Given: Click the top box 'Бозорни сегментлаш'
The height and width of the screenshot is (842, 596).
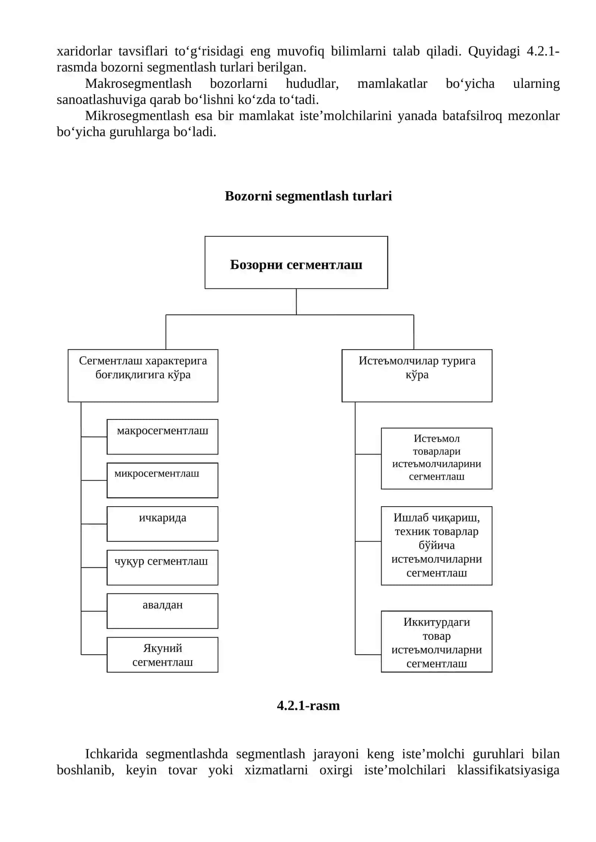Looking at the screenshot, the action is [296, 262].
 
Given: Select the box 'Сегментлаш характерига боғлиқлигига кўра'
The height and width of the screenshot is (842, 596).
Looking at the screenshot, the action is [143, 376].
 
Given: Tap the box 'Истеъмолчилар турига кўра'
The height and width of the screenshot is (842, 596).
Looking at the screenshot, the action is [417, 376].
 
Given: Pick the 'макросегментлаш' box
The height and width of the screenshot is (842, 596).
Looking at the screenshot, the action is [162, 437].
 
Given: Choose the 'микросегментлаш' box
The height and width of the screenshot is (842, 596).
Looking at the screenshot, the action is [162, 480].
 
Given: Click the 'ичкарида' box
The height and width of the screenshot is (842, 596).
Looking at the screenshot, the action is [162, 524].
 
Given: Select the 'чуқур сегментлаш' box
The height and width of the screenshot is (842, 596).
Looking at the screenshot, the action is [162, 567].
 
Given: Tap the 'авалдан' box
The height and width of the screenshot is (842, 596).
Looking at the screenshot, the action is [162, 611].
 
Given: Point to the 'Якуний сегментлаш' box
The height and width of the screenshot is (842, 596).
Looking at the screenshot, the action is [162, 655].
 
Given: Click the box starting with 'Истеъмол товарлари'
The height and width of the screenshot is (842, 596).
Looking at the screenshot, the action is [437, 458].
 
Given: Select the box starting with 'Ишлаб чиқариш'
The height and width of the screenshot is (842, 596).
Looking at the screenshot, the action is [437, 546].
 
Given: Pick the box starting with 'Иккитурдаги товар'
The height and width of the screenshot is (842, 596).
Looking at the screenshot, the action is [437, 641].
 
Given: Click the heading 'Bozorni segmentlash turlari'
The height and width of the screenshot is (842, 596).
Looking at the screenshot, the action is [308, 196].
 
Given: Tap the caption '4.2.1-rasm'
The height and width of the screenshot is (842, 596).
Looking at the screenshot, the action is [308, 706].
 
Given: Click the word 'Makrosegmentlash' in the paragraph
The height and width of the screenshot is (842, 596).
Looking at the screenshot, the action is [138, 83].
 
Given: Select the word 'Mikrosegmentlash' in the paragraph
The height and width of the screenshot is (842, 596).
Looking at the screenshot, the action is [137, 116].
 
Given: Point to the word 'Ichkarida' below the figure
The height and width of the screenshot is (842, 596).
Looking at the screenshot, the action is [111, 754].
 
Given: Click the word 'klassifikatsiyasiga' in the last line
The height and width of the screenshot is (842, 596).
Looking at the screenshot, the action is [508, 770].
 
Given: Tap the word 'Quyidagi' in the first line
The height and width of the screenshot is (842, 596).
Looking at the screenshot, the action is [494, 51].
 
